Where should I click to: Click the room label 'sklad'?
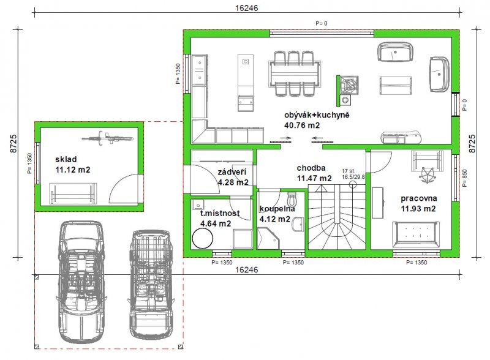[66, 159]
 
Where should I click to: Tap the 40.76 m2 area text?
[302, 126]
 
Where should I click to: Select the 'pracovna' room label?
[419, 198]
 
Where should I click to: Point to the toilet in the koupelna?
[292, 198]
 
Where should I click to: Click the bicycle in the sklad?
[107, 138]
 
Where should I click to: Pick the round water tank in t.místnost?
[203, 238]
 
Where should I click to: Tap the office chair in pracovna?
[427, 174]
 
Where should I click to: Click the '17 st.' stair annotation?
[349, 171]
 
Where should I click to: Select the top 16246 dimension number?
[247, 8]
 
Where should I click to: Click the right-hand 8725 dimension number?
[472, 143]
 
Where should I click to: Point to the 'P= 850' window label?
[465, 178]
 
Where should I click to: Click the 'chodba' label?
[311, 168]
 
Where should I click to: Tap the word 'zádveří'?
[232, 172]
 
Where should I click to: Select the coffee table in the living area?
[395, 86]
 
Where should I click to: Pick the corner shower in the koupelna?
[268, 238]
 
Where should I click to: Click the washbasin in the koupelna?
[298, 224]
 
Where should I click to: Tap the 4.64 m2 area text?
[216, 223]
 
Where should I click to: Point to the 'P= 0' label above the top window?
[322, 23]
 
